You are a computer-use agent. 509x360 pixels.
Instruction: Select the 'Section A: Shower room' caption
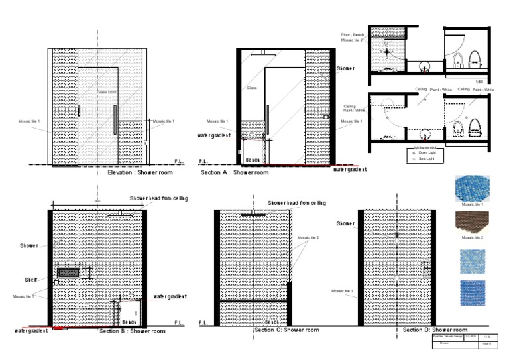pos(235,172)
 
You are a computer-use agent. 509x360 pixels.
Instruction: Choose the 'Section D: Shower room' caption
pos(435,330)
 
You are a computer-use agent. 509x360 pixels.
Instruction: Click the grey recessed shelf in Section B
pos(69,272)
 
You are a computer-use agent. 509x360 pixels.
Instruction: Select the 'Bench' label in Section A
pos(253,160)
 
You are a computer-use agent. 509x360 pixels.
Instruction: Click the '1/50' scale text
pos(480,81)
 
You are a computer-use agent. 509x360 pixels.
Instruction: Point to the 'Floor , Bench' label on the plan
pos(353,34)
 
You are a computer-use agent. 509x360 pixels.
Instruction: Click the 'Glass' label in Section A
pos(251,88)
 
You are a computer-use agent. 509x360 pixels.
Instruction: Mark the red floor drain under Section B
pos(62,328)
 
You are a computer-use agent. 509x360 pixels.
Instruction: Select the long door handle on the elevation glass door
pos(115,119)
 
